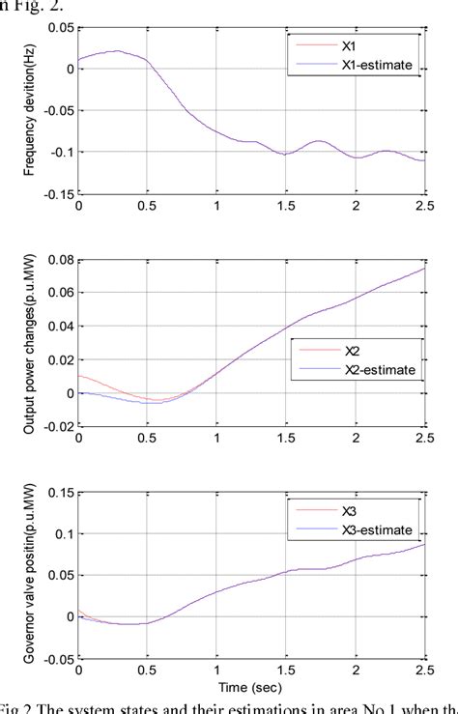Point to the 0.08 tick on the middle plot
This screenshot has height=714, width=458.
58,260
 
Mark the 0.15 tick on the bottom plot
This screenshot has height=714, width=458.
58,492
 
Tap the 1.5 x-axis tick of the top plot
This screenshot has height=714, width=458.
286,206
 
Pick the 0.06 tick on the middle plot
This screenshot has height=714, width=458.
58,293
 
